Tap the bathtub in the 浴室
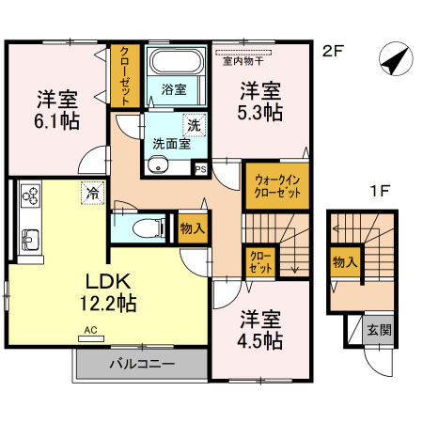point(177,61)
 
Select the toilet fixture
point(149,227)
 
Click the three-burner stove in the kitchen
point(30,196)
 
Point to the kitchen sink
point(30,240)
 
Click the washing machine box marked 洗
point(195,125)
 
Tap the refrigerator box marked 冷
point(93,193)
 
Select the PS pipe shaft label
point(201,169)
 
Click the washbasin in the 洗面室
point(159,165)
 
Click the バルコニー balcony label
point(142,364)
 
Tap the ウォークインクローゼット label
point(277,186)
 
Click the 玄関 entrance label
point(380,330)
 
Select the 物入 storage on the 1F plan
point(346,261)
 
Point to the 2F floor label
point(333,51)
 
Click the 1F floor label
point(380,191)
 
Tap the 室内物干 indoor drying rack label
point(243,61)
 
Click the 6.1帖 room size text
point(57,121)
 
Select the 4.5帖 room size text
point(260,341)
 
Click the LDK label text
point(108,281)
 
